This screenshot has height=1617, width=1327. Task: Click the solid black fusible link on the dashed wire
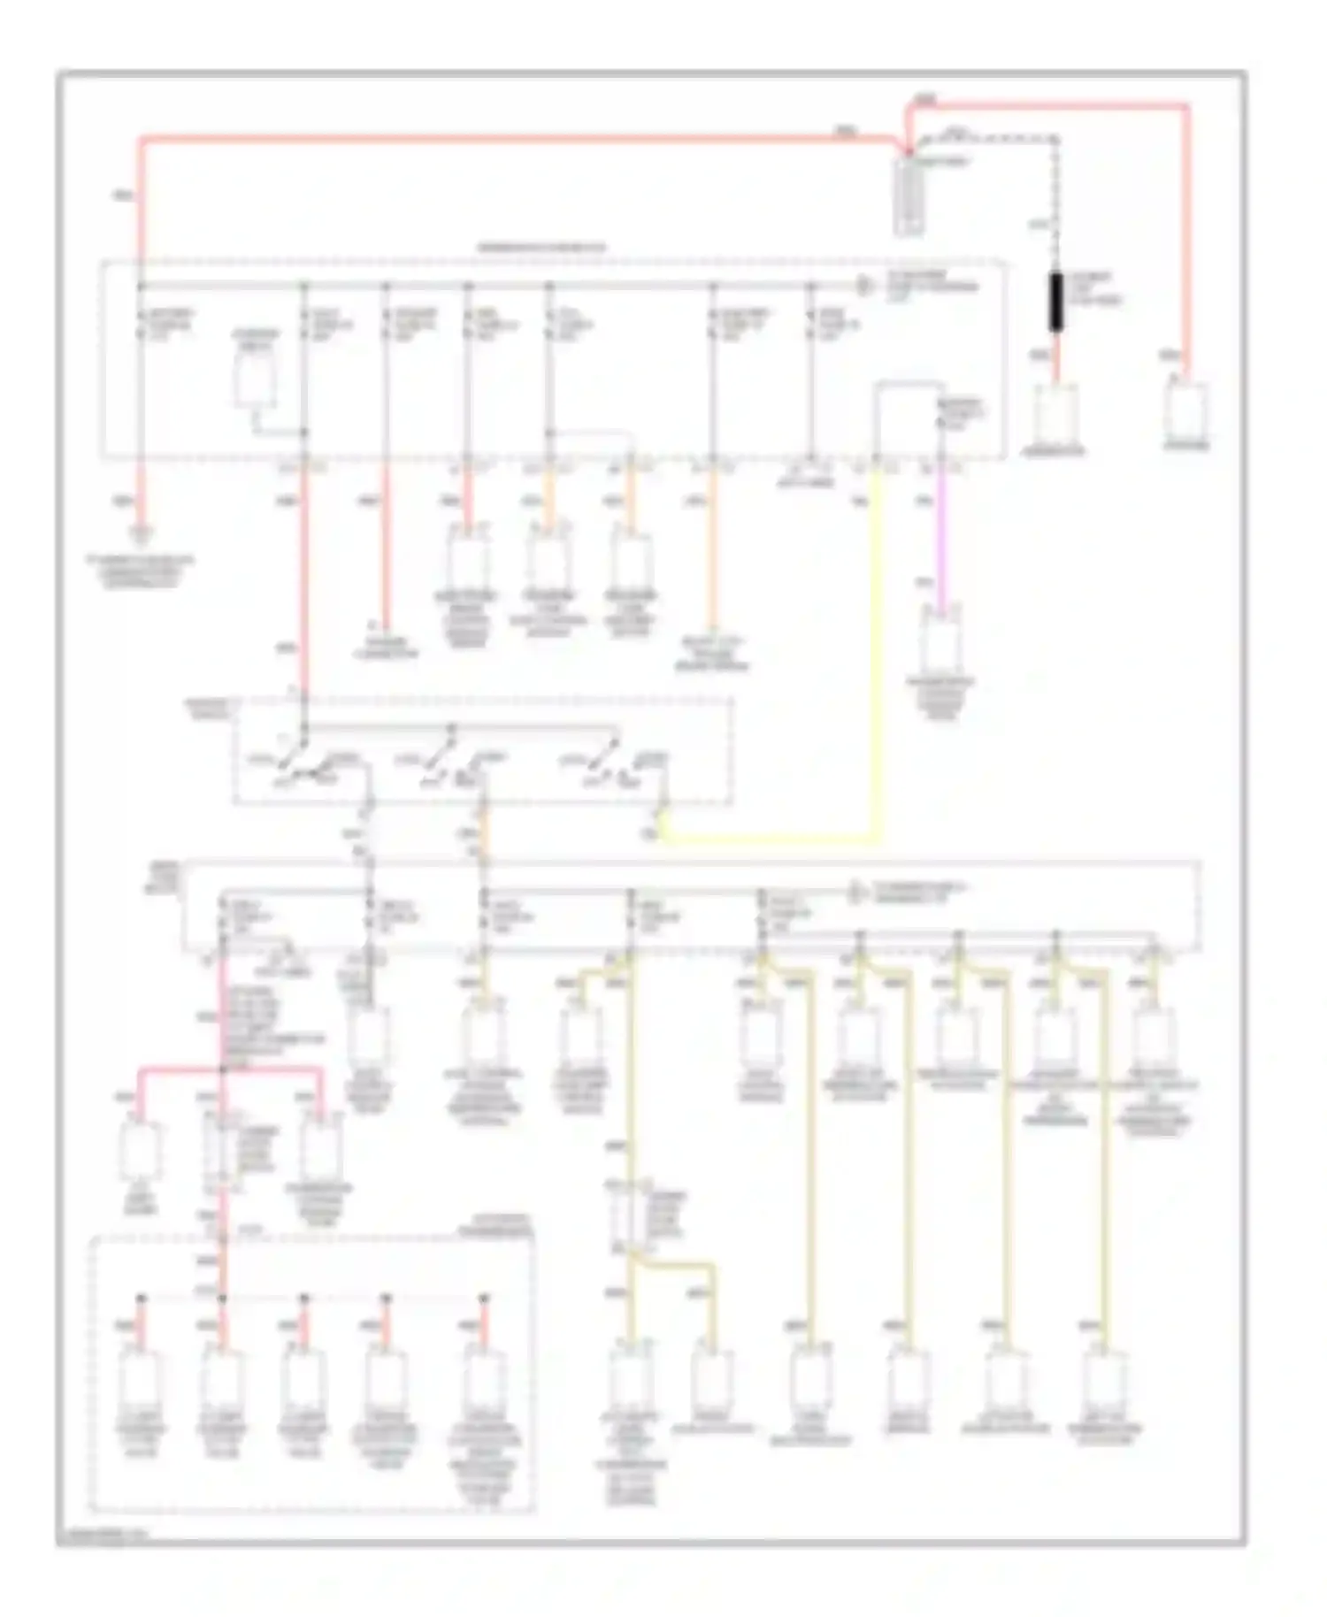(x=1055, y=303)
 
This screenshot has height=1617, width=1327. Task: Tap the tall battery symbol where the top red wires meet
(x=909, y=195)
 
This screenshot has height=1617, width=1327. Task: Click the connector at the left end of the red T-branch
(x=140, y=1150)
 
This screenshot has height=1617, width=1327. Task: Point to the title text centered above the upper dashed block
(x=541, y=248)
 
